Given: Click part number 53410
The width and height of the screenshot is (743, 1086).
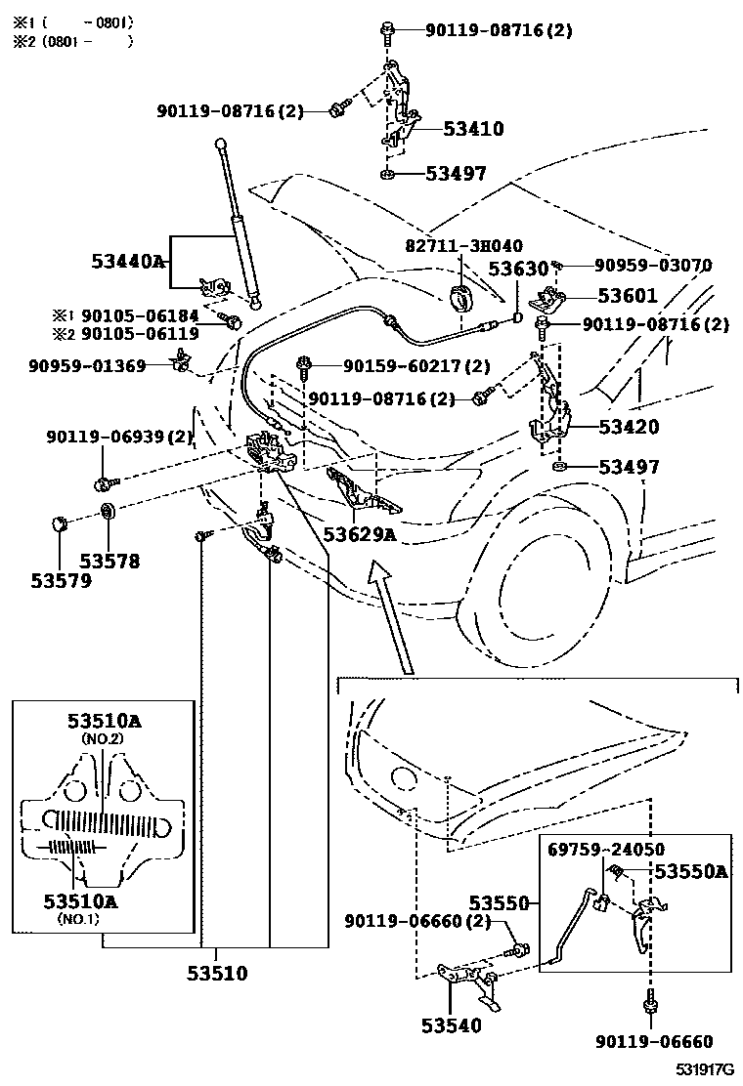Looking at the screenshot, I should coord(473,128).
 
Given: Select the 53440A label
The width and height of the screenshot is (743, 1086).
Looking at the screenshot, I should coord(127,262).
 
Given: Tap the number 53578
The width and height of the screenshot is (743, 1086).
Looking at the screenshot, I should coord(109,561).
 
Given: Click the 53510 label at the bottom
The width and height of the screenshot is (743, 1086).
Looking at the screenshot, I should coord(217,973).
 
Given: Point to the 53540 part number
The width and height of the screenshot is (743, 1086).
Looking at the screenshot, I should coord(452,1024).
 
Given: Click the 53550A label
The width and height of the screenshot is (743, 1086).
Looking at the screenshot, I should coord(690,871).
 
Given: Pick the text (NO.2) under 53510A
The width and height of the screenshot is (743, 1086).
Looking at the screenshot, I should coord(104,739).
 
